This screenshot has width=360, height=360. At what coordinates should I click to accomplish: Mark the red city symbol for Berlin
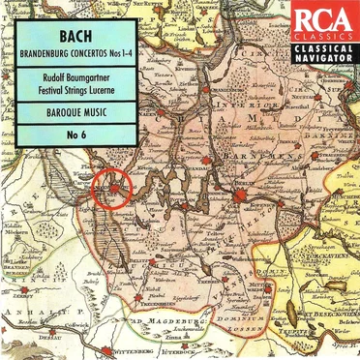point(241,195)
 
